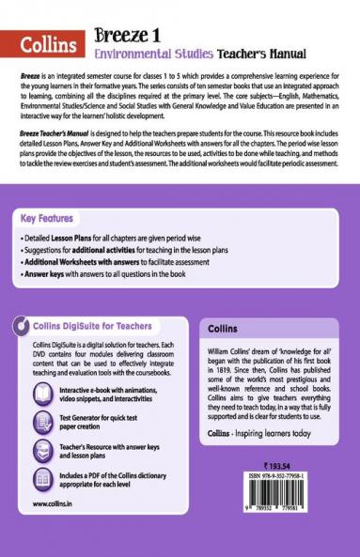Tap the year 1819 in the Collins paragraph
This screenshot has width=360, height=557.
227,395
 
